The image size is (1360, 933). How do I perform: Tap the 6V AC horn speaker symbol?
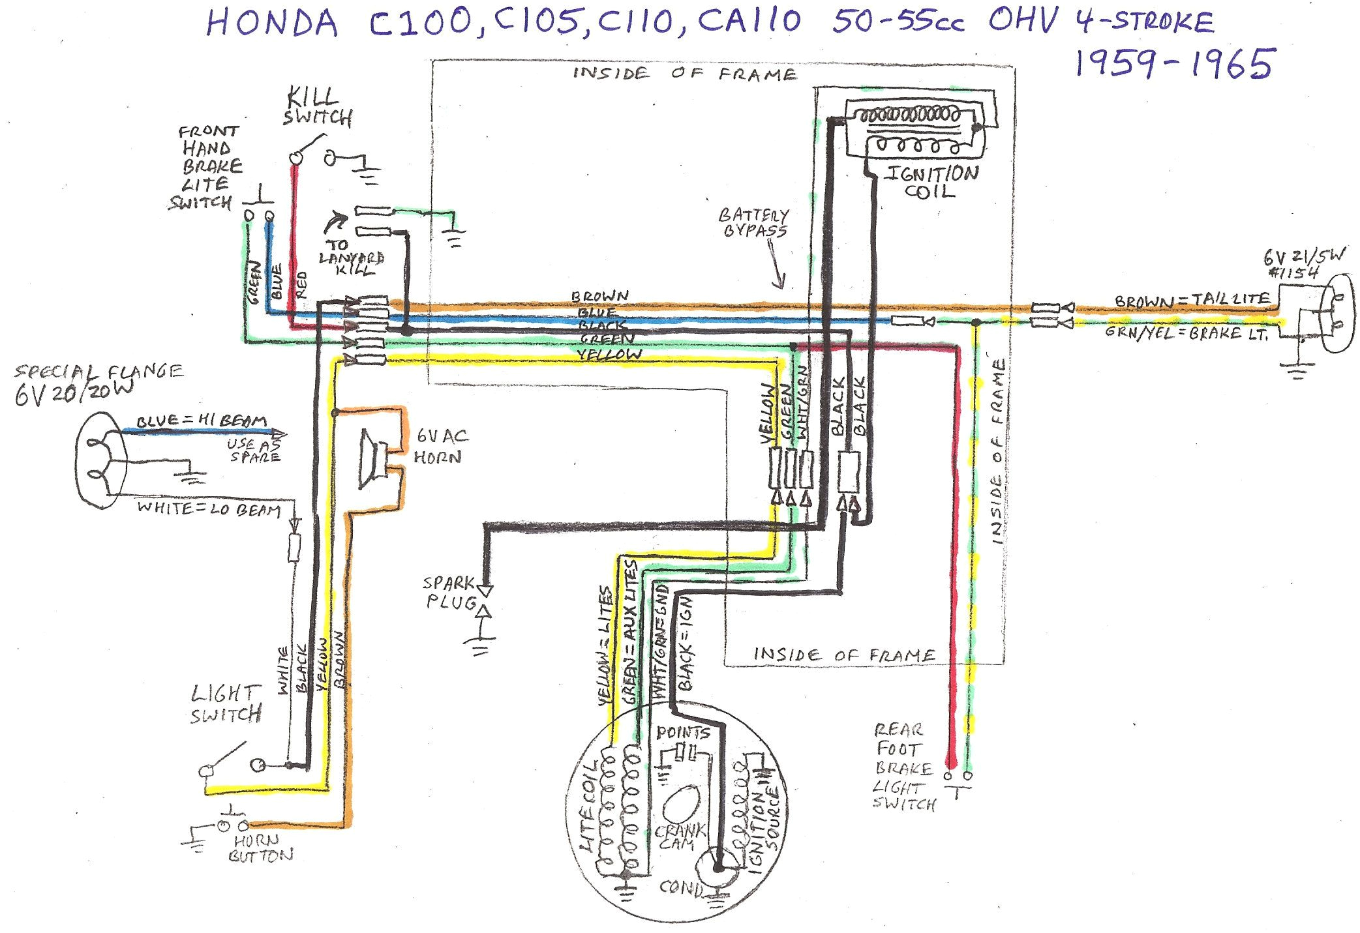pos(372,460)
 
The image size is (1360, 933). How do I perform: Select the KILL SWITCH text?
pos(318,108)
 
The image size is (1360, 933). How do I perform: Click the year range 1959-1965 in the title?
pos(1173,64)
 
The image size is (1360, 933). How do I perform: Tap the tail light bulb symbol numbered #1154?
pos(1335,313)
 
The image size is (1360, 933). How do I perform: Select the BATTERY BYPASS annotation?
pos(754,222)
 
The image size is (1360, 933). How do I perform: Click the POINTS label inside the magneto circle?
pos(682,732)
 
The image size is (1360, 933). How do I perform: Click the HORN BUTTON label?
pos(260,848)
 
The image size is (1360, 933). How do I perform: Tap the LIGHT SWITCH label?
pos(226,704)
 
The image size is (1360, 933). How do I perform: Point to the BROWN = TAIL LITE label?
pos(1192,300)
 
